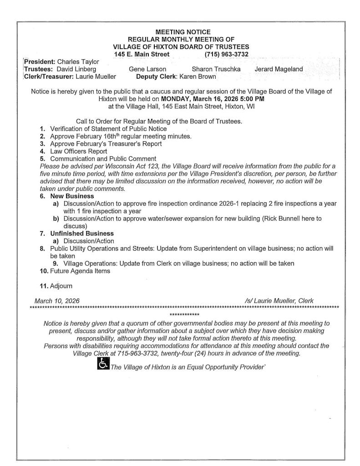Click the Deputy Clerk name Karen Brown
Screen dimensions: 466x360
pos(200,76)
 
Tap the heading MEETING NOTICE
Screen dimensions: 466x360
pos(183,32)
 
